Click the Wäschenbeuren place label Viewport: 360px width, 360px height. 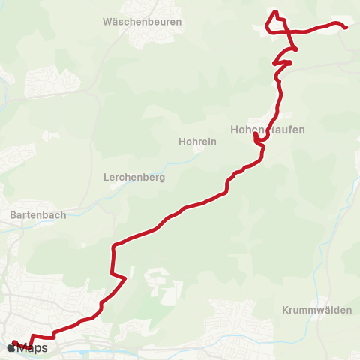pyautogui.click(x=142, y=22)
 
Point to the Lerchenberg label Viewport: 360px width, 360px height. pyautogui.click(x=133, y=178)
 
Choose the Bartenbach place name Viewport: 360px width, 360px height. pyautogui.click(x=38, y=214)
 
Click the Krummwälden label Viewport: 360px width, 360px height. pyautogui.click(x=312, y=310)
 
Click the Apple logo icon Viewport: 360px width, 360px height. pyautogui.click(x=10, y=348)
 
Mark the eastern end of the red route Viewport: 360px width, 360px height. pyautogui.click(x=346, y=28)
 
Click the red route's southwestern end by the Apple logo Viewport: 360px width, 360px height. pyautogui.click(x=15, y=342)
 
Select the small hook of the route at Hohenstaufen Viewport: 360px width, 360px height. pyautogui.click(x=258, y=139)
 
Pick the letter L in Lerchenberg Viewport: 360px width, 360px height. pyautogui.click(x=106, y=178)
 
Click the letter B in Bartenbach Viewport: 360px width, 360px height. pyautogui.click(x=13, y=214)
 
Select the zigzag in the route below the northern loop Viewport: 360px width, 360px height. pyautogui.click(x=283, y=59)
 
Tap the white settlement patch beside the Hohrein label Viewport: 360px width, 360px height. pyautogui.click(x=199, y=148)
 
